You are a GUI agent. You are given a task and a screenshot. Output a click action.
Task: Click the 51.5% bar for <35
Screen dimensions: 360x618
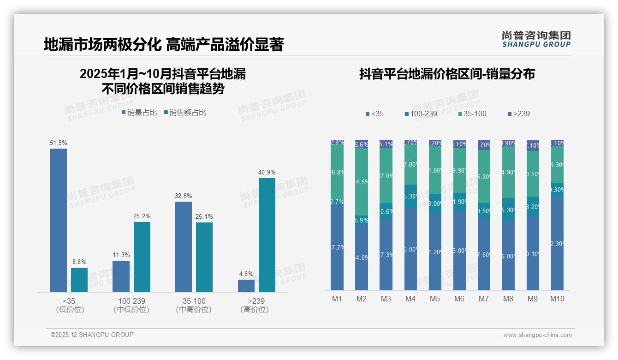(x=59, y=220)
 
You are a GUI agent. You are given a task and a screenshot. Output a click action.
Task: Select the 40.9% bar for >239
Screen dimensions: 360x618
(x=267, y=235)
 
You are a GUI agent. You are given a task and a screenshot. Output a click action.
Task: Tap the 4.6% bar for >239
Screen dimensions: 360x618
(x=246, y=286)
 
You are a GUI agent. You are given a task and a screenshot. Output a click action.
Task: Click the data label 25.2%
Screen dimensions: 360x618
(x=142, y=216)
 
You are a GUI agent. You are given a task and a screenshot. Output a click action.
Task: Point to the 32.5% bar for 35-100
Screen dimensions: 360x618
(x=184, y=247)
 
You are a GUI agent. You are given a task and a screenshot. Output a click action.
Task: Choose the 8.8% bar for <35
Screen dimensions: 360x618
(x=79, y=280)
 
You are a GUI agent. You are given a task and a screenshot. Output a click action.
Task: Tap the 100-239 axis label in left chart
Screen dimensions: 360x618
(x=131, y=300)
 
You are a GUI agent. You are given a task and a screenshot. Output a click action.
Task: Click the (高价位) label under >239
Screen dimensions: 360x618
(x=255, y=310)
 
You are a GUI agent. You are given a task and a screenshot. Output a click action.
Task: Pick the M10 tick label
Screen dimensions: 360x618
(x=557, y=299)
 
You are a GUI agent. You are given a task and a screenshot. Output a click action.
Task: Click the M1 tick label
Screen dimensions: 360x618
(x=337, y=299)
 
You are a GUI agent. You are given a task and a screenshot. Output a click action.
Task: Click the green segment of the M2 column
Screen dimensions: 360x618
(x=362, y=182)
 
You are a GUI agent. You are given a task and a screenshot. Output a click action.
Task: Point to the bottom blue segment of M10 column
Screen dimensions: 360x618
(x=557, y=243)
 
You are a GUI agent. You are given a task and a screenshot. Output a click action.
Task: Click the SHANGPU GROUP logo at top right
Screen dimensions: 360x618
(x=536, y=39)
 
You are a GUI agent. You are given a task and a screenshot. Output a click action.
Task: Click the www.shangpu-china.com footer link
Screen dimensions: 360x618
(x=537, y=335)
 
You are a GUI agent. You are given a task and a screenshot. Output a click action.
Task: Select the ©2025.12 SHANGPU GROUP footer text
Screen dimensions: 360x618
(x=92, y=335)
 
